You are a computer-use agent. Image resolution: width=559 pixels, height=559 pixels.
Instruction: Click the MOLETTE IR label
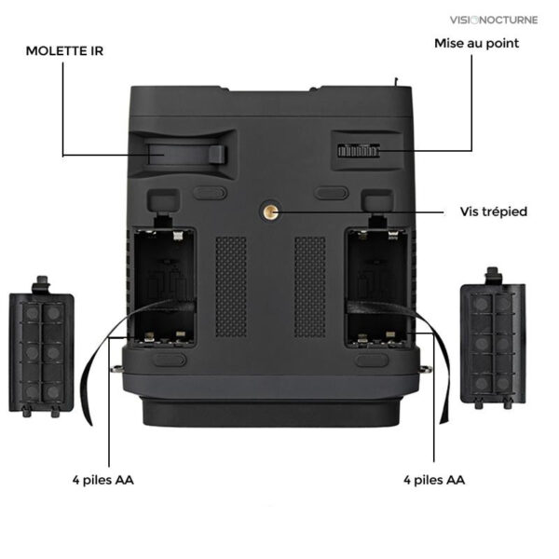click(64, 51)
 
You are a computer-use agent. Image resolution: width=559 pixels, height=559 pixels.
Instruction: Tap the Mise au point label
click(477, 44)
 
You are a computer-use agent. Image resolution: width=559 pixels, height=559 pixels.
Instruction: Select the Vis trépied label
click(494, 211)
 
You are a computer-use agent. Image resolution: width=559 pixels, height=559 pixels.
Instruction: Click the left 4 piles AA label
click(103, 480)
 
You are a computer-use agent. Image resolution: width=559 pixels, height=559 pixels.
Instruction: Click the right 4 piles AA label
click(434, 480)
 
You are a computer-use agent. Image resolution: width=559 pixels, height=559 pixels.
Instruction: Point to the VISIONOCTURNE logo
click(494, 20)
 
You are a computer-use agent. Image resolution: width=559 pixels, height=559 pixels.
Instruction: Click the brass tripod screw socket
click(270, 212)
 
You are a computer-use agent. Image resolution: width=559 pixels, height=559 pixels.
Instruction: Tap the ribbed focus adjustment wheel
click(359, 151)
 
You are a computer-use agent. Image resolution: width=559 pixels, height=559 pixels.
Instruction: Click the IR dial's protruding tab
click(217, 155)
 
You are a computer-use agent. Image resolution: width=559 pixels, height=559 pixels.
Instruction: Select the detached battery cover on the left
click(42, 348)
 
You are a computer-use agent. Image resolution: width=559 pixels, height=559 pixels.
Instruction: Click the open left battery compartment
click(165, 288)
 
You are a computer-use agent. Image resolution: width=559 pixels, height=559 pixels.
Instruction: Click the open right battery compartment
click(376, 288)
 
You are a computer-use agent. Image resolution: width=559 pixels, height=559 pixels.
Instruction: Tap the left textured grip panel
click(231, 287)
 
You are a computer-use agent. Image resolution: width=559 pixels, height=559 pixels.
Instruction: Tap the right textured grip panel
click(310, 287)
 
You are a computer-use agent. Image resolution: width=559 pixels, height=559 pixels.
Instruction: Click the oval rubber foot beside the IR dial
click(211, 193)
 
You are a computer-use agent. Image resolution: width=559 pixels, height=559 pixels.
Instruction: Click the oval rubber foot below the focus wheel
click(331, 193)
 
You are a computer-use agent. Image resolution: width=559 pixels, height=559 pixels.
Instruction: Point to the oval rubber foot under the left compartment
click(170, 360)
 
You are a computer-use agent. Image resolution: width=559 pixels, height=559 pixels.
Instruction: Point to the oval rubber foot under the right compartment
click(372, 361)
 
